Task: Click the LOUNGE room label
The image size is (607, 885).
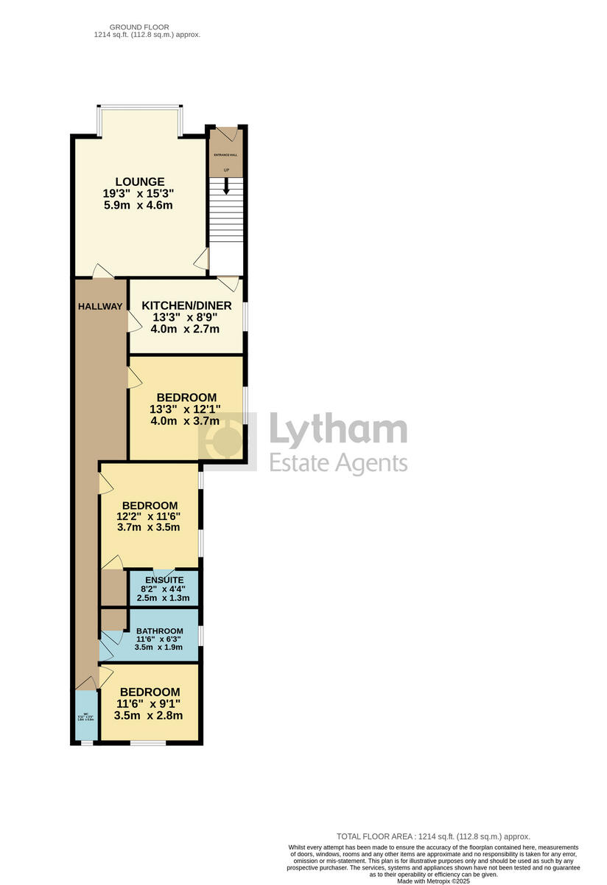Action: pos(139,181)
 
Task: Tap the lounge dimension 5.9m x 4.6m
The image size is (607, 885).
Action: pos(139,205)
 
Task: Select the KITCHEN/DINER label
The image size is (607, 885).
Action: pos(186,305)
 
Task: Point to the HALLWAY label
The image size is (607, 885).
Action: pos(100,306)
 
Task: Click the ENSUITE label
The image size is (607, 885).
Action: pos(164,580)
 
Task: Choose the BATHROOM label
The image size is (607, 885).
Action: pos(160,631)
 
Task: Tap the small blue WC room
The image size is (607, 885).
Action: pos(86,715)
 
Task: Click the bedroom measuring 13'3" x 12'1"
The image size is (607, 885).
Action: pos(186,409)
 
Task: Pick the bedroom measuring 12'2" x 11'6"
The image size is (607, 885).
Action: pos(150,516)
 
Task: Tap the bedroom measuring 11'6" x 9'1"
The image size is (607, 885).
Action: pos(150,704)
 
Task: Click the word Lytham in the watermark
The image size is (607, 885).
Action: pos(337,431)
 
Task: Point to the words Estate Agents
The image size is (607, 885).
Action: pos(337,462)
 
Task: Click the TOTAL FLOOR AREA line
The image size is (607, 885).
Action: pos(433,836)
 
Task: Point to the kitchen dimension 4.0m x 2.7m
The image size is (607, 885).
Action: pos(185,329)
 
